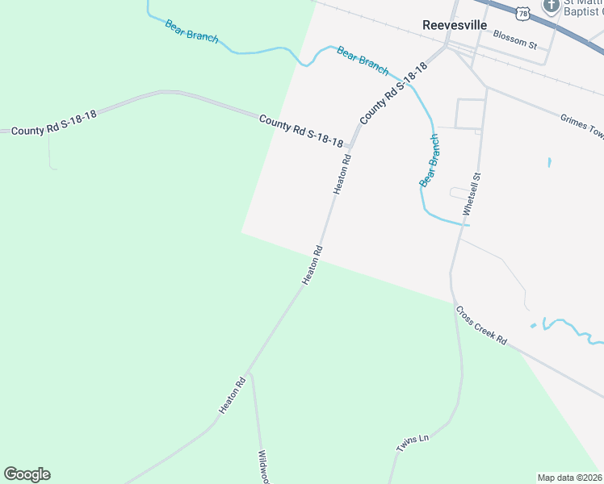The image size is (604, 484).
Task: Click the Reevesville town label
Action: (455, 25)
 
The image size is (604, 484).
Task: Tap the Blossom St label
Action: (514, 39)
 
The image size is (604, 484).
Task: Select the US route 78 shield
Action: (523, 13)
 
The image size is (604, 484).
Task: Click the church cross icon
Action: (552, 6)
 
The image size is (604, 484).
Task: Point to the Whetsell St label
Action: (472, 193)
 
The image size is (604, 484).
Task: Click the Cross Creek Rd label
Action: (480, 325)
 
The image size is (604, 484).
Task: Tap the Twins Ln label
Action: (412, 443)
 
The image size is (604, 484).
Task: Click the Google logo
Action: (27, 474)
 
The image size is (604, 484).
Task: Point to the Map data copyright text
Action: (569, 478)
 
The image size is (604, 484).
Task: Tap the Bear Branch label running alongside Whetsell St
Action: (430, 161)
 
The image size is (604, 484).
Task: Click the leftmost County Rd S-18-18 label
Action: (53, 121)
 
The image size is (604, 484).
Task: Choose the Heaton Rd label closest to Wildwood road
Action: (231, 396)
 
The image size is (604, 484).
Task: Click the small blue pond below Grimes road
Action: (549, 162)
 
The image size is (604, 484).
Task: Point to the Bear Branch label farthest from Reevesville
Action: (191, 31)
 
